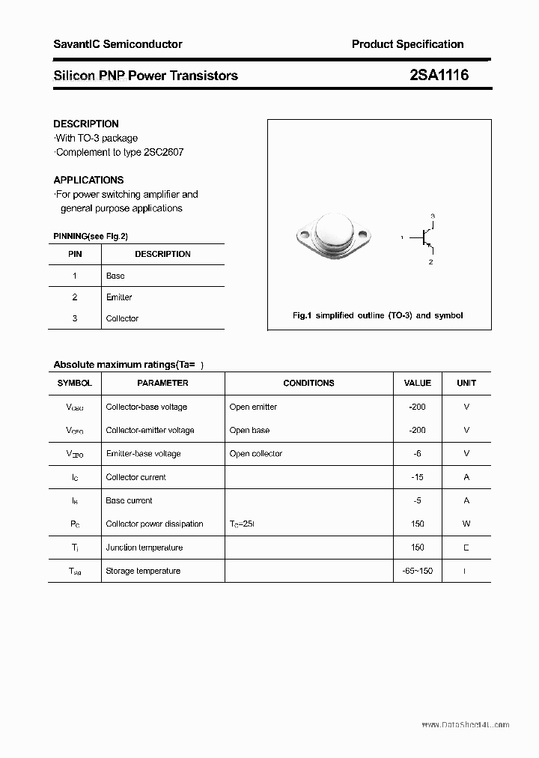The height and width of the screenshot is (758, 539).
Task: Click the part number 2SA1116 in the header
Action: (x=439, y=75)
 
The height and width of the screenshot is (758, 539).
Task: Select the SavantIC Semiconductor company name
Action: (x=118, y=44)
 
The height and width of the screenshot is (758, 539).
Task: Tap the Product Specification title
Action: (x=407, y=44)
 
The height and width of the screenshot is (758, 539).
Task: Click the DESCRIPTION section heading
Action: (x=86, y=124)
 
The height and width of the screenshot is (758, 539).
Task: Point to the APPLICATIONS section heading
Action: (x=88, y=180)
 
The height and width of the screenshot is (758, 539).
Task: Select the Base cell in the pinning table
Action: (x=115, y=276)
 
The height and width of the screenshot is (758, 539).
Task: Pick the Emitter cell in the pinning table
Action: (x=119, y=297)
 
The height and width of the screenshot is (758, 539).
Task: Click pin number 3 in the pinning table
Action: (x=75, y=318)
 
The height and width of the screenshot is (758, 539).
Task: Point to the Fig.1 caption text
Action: (x=377, y=315)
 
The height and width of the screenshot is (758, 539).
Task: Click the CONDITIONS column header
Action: (x=308, y=383)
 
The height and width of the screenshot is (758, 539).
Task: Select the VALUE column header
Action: (x=417, y=383)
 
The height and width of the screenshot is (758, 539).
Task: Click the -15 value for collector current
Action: (x=417, y=477)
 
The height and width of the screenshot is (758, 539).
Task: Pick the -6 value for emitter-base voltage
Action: (x=417, y=454)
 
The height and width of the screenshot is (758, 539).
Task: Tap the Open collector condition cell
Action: (x=256, y=454)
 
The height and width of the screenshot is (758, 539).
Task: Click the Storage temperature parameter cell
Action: (x=143, y=571)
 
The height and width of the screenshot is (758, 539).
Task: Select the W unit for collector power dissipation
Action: (x=466, y=524)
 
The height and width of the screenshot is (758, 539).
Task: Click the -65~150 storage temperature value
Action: (x=417, y=571)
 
